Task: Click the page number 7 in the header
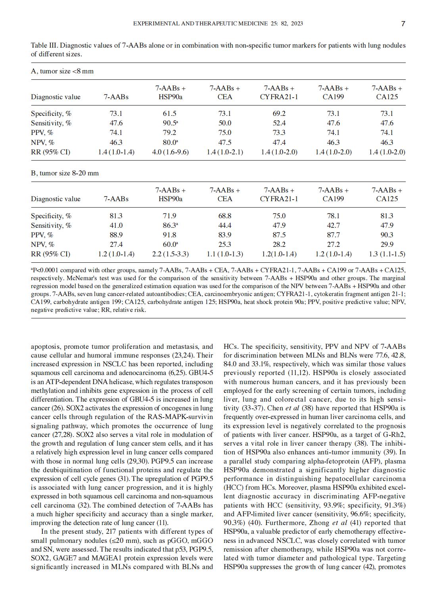pyautogui.click(x=403, y=24)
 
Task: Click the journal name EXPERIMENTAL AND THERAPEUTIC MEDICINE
pyautogui.click(x=200, y=23)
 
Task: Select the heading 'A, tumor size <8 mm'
pyautogui.click(x=62, y=71)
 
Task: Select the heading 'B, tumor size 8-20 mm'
pyautogui.click(x=65, y=173)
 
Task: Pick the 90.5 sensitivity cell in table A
pyautogui.click(x=170, y=123)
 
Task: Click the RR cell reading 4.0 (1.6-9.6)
pyautogui.click(x=170, y=152)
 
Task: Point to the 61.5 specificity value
pyautogui.click(x=170, y=113)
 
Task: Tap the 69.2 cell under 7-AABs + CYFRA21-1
pyautogui.click(x=279, y=113)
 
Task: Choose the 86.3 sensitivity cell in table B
pyautogui.click(x=170, y=225)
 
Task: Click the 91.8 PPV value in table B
pyautogui.click(x=170, y=235)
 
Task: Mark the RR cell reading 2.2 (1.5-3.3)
pyautogui.click(x=170, y=254)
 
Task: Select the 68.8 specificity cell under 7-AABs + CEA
pyautogui.click(x=224, y=216)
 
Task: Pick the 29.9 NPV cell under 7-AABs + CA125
pyautogui.click(x=387, y=244)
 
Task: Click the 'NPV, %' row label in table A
pyautogui.click(x=42, y=142)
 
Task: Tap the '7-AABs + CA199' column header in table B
pyautogui.click(x=333, y=194)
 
